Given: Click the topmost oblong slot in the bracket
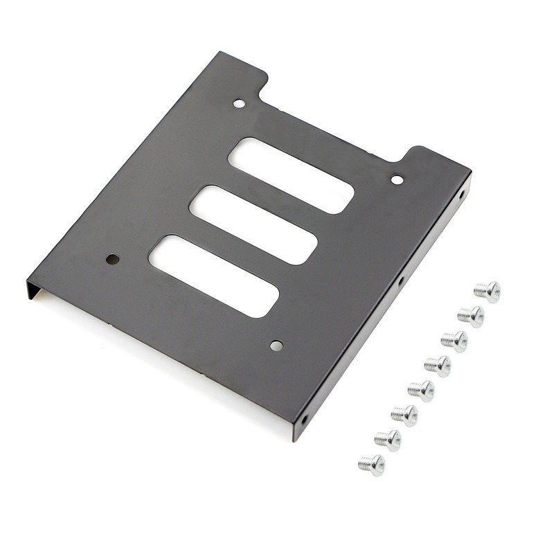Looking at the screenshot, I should (x=291, y=175).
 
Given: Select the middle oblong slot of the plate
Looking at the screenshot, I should (x=253, y=224).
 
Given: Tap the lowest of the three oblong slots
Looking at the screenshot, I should (x=214, y=276).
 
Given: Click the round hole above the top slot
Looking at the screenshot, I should (x=239, y=104).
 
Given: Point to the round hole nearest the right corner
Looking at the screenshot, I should (x=397, y=180).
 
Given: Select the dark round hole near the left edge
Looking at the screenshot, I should (x=112, y=259).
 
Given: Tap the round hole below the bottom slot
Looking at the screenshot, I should (x=276, y=346).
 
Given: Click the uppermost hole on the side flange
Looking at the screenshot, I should (x=460, y=195).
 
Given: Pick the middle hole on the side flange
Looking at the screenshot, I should (x=400, y=282).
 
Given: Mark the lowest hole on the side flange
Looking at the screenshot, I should (x=303, y=419).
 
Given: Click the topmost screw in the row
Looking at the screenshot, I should (x=488, y=292).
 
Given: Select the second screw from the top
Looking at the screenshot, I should (x=472, y=316).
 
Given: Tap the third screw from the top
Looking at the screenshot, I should (x=455, y=341).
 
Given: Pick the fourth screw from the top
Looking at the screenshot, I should (x=438, y=366).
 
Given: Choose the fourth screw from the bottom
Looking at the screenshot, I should (x=422, y=391).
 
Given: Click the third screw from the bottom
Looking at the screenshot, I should (x=405, y=415).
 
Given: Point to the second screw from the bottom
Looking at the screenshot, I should (x=388, y=440).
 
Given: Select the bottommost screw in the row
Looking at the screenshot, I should (x=372, y=465).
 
